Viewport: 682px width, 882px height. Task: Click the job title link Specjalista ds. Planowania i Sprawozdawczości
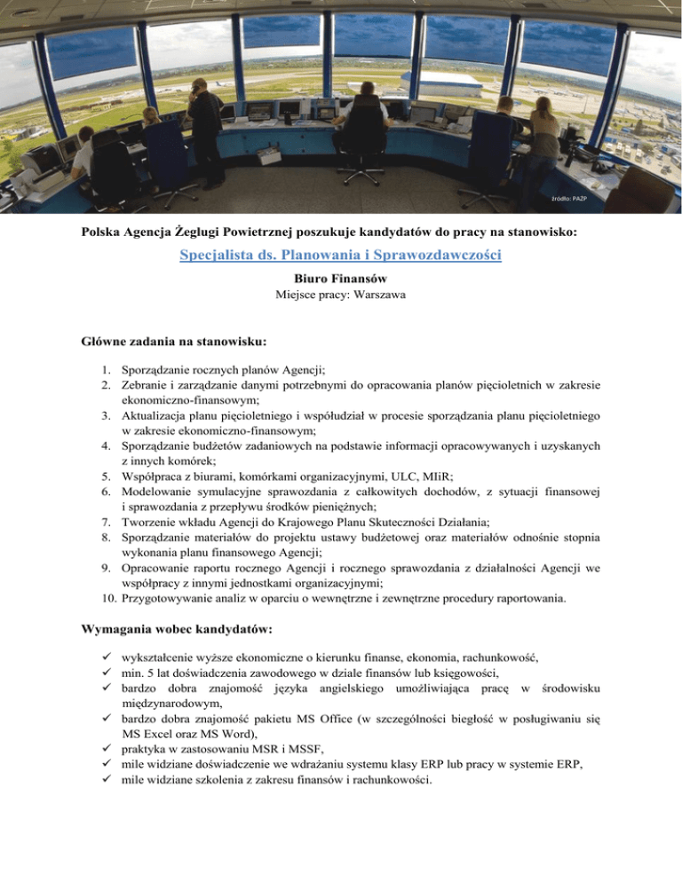(x=341, y=257)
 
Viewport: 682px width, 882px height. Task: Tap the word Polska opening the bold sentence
(x=95, y=233)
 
